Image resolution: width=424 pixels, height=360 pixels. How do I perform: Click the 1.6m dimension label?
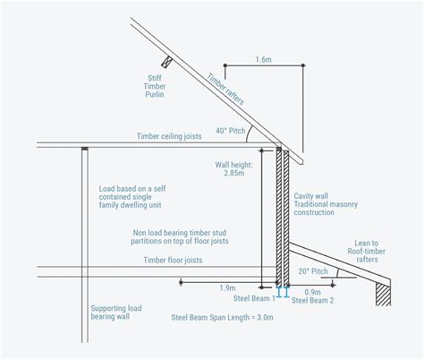[x=263, y=59]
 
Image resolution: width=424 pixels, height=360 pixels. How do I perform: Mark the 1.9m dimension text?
[x=226, y=289]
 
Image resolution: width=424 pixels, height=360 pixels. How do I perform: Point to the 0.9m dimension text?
[x=313, y=291]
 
